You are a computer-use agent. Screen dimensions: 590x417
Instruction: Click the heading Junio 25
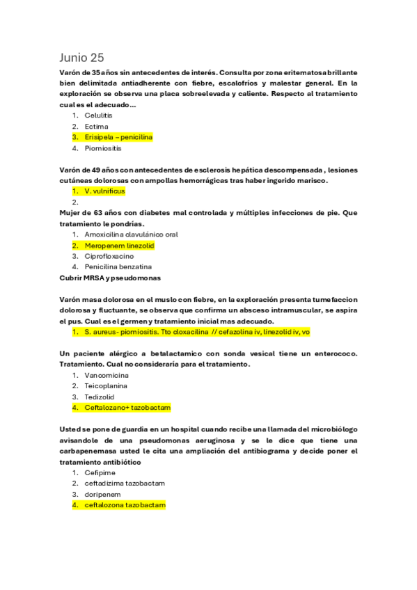[x=81, y=57]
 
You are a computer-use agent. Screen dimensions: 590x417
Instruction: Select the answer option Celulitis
[x=98, y=115]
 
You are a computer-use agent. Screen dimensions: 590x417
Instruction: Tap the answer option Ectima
[x=96, y=127]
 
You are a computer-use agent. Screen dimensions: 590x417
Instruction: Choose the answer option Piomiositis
[x=102, y=148]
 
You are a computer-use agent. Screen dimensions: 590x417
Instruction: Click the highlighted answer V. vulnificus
[x=103, y=191]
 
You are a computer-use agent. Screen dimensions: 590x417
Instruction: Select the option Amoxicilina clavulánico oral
[x=131, y=234]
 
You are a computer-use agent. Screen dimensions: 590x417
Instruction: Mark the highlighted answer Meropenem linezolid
[x=119, y=246]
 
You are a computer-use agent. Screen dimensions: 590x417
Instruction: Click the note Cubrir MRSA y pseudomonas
[x=110, y=278]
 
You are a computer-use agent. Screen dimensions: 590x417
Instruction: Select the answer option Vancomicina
[x=107, y=375]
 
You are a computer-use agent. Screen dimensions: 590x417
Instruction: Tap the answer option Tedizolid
[x=100, y=397]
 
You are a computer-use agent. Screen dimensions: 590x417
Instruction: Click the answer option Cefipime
[x=100, y=472]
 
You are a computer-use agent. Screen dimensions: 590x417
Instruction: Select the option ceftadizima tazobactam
[x=125, y=483]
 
